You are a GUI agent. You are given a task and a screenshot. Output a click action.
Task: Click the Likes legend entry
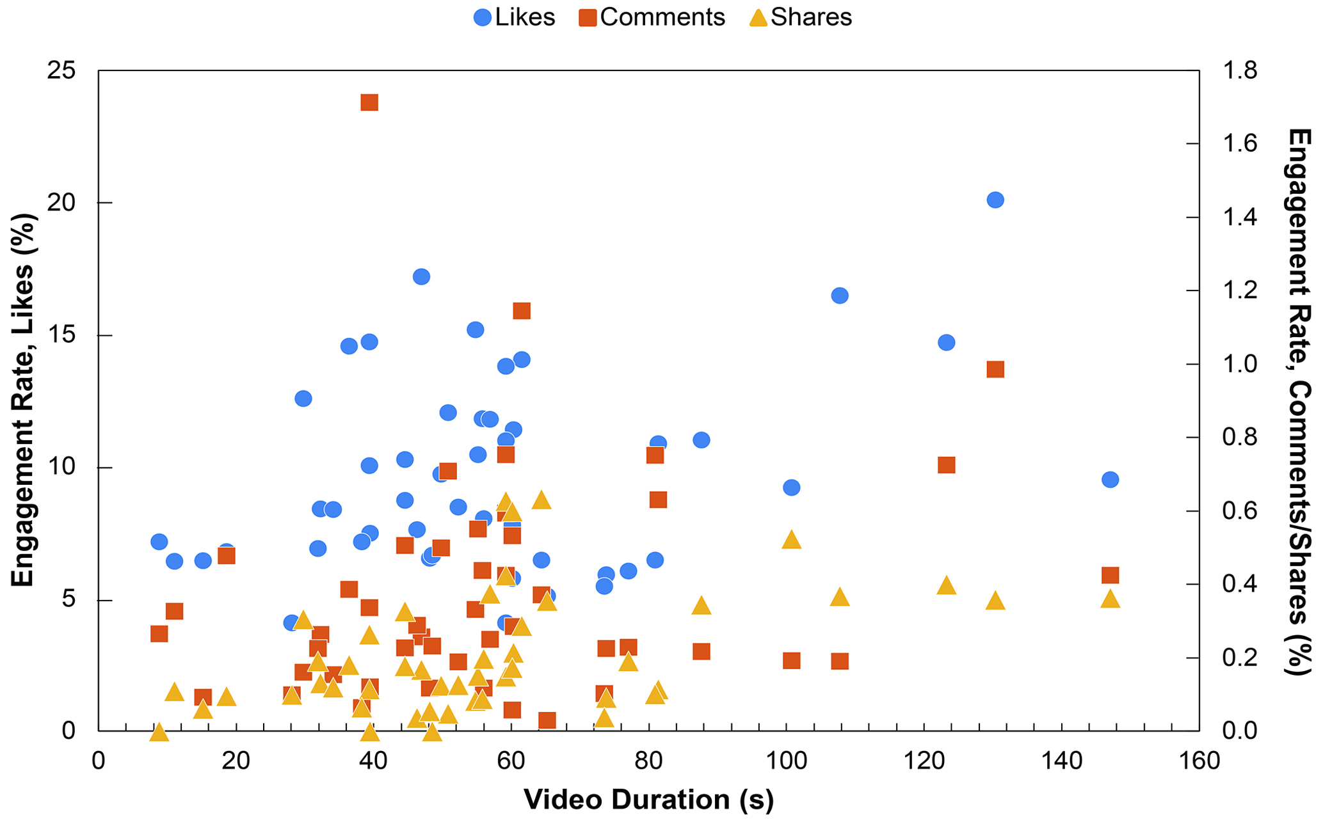click(x=514, y=17)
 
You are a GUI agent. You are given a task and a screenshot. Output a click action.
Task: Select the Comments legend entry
click(x=652, y=17)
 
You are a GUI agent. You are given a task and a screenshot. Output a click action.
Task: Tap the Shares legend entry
click(x=800, y=17)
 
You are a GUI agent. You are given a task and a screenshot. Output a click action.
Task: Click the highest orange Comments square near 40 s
click(x=369, y=102)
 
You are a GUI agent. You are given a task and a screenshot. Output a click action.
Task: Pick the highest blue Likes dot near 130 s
click(x=995, y=200)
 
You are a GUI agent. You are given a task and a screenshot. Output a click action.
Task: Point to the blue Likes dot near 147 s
click(x=1111, y=480)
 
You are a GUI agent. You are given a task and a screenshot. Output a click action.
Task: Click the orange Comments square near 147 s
click(x=1111, y=575)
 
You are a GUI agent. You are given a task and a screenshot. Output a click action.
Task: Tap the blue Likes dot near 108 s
click(x=840, y=296)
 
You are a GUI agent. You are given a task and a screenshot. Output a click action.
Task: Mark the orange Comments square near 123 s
click(x=947, y=465)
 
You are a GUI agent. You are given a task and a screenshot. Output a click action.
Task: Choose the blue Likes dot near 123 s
click(x=947, y=343)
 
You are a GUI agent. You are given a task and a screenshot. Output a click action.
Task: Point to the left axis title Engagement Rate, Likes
click(x=23, y=400)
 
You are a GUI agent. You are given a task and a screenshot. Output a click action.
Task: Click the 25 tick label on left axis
click(x=61, y=70)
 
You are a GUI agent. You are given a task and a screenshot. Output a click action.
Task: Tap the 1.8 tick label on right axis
click(x=1240, y=70)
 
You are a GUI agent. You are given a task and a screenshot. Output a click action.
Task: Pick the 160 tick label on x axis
click(x=1199, y=761)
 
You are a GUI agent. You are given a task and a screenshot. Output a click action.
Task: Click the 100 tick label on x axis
click(x=786, y=761)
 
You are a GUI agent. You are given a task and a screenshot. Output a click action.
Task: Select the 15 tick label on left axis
click(x=61, y=336)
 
